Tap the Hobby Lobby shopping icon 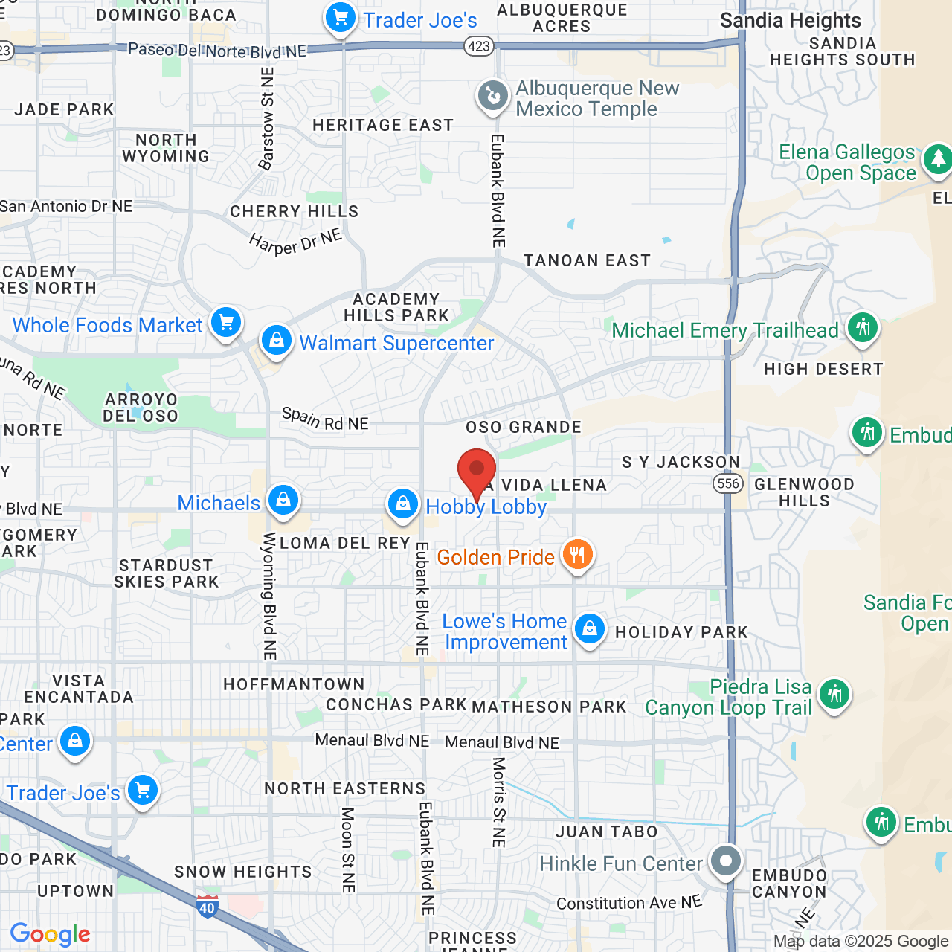point(402,504)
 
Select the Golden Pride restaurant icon point(577,554)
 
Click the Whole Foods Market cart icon point(226,323)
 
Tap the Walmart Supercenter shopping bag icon point(277,341)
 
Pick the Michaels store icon point(283,501)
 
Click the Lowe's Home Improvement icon point(589,628)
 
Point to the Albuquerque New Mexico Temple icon point(492,96)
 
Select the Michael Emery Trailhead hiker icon point(863,327)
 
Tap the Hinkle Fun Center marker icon point(725,861)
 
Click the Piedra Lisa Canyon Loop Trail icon point(834,694)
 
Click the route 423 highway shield point(478,46)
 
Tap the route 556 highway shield point(727,483)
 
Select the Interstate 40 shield point(207,907)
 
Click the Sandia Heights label point(790,20)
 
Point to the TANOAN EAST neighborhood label point(587,260)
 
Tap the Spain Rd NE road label point(325,419)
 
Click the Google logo point(50,934)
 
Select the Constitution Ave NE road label point(628,903)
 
